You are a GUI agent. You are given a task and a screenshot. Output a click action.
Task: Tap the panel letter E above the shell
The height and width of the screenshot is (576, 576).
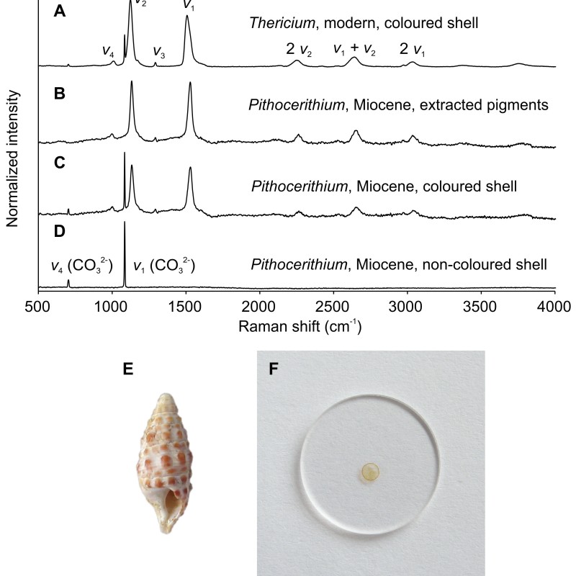128,369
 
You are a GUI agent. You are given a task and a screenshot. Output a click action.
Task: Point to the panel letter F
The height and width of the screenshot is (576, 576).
274,369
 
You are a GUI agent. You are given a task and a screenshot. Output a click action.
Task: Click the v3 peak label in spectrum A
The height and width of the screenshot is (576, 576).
159,53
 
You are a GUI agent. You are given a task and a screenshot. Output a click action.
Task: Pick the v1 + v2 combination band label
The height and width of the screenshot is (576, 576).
356,49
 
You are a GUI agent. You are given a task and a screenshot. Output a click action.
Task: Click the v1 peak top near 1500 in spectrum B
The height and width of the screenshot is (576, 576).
190,84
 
